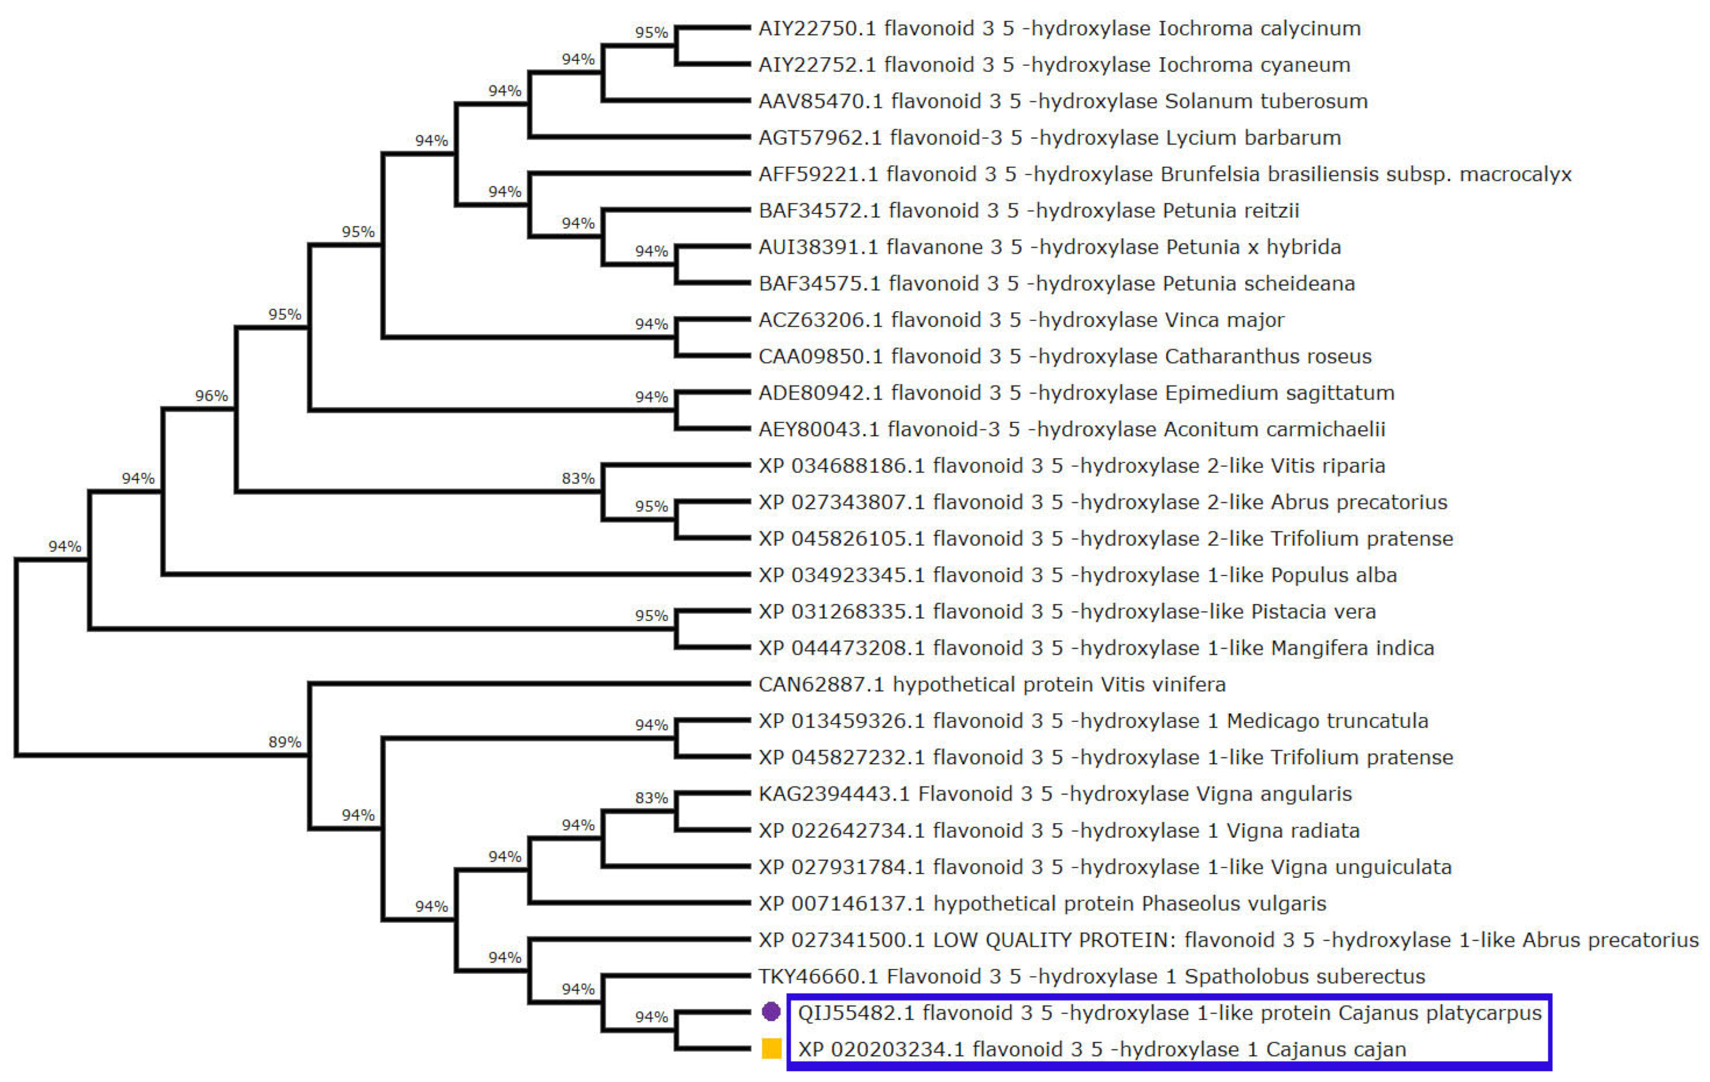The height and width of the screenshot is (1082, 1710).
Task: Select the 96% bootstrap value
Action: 212,396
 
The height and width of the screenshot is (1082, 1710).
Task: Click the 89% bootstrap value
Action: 285,742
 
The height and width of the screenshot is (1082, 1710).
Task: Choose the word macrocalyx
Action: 1516,174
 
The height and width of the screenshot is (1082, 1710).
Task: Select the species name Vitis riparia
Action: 1328,466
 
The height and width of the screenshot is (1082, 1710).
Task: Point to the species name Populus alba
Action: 1334,575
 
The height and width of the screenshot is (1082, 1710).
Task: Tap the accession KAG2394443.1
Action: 834,794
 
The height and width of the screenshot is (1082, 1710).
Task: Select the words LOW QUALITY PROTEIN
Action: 1051,940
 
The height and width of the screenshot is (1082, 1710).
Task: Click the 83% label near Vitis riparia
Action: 578,479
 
